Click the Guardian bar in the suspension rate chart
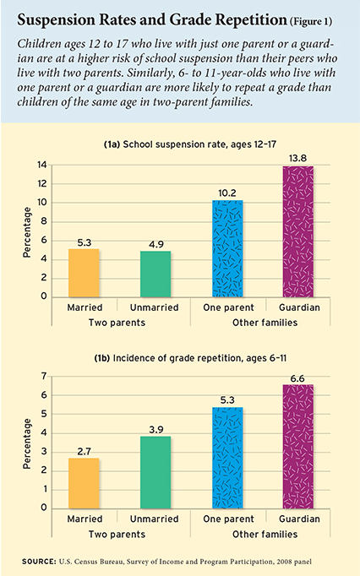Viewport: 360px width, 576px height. tap(297, 231)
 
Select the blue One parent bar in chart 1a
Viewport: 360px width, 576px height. tap(227, 248)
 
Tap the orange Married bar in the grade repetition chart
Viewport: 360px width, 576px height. tap(84, 483)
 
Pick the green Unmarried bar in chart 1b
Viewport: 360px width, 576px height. tap(155, 472)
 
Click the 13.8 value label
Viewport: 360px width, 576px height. tap(297, 158)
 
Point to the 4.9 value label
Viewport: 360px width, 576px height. tap(156, 244)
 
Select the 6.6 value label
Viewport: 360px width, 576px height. tap(297, 378)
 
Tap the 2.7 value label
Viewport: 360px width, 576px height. tap(85, 452)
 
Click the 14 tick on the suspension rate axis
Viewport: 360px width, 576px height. tap(42, 165)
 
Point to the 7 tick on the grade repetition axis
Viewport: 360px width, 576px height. tap(44, 376)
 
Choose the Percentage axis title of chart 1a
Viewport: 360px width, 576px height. tap(27, 232)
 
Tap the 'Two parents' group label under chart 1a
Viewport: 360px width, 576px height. tap(117, 323)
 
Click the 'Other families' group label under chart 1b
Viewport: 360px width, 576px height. tap(265, 534)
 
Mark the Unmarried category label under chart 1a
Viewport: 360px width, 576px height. tap(155, 307)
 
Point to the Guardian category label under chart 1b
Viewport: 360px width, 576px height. tap(299, 519)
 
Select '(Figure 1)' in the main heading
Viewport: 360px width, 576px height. tap(311, 22)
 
